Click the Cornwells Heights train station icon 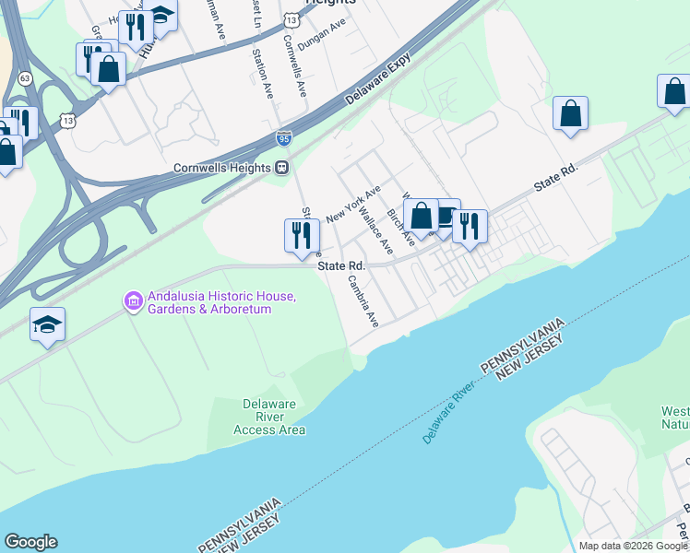[282, 168]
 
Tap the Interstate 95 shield [284, 138]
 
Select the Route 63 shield [24, 79]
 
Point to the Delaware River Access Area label [269, 417]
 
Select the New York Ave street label [353, 204]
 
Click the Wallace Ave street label [376, 232]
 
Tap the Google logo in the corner [30, 542]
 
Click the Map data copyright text [634, 546]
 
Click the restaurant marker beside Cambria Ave [301, 235]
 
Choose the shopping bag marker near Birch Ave [421, 217]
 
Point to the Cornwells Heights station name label [224, 168]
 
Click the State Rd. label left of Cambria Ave [341, 265]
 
